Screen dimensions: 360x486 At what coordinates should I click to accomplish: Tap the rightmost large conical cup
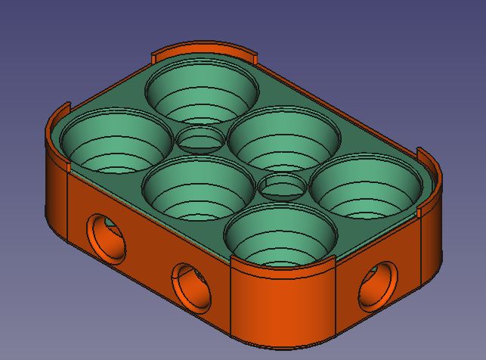[x=365, y=185]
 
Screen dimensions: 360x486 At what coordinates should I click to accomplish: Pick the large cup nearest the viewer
[x=279, y=235]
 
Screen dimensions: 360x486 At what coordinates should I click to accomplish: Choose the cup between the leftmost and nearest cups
[x=197, y=188]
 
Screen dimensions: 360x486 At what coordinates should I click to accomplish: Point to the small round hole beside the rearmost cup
[x=201, y=140]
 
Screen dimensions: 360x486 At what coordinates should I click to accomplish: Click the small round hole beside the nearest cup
[x=282, y=186]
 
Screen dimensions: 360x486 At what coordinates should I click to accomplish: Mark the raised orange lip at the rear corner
[x=204, y=50]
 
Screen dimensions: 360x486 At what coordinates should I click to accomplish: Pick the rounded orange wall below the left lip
[x=57, y=197]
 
